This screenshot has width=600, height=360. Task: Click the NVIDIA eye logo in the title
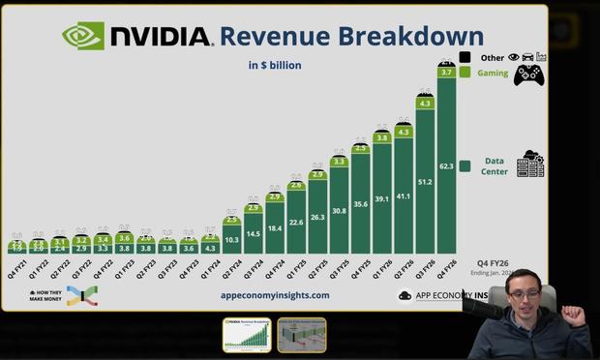click(82, 36)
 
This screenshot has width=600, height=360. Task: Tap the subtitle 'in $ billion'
click(274, 66)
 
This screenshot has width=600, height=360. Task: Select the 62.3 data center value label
click(445, 165)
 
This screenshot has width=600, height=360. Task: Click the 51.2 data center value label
click(424, 181)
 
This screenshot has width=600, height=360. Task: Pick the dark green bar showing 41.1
click(403, 196)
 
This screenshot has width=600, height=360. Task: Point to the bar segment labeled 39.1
click(381, 199)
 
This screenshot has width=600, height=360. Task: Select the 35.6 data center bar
click(360, 204)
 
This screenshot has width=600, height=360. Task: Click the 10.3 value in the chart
click(232, 239)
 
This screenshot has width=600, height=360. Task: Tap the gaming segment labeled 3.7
click(445, 73)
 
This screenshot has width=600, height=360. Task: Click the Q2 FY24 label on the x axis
click(232, 267)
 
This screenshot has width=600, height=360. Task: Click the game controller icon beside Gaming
click(527, 75)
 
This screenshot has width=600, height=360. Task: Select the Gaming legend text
click(492, 73)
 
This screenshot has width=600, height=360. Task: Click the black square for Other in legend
click(465, 58)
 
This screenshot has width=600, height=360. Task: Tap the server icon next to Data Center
click(530, 165)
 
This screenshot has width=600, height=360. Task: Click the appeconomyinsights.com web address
click(275, 295)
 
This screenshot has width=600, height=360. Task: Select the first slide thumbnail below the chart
click(247, 335)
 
